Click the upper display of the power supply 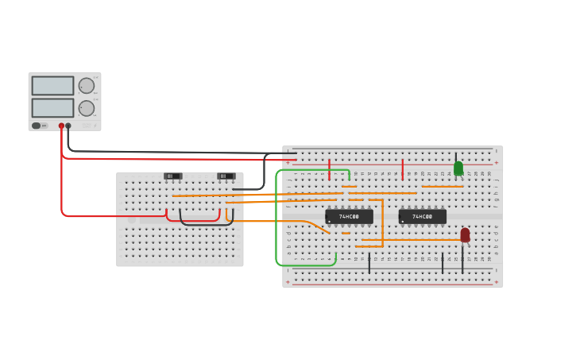tap(52, 86)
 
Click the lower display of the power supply tap(52, 107)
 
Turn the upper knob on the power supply tap(87, 86)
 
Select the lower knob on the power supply tap(87, 108)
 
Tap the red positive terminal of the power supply tap(61, 126)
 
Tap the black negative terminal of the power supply tap(68, 126)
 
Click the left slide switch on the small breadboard tap(172, 176)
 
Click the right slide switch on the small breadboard tap(226, 176)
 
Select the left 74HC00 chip tap(349, 216)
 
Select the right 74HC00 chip tap(422, 216)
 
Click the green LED tap(458, 168)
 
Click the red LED tap(465, 235)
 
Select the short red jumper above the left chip tap(330, 169)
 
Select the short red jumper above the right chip tap(403, 169)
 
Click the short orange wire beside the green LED tap(442, 187)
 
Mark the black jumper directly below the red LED tap(462, 261)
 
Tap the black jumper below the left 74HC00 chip tap(369, 263)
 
